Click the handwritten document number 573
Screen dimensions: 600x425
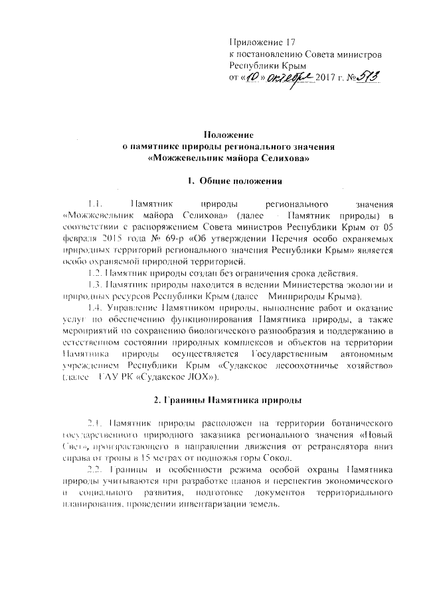click(364, 79)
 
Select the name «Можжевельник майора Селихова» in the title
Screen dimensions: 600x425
click(230, 158)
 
